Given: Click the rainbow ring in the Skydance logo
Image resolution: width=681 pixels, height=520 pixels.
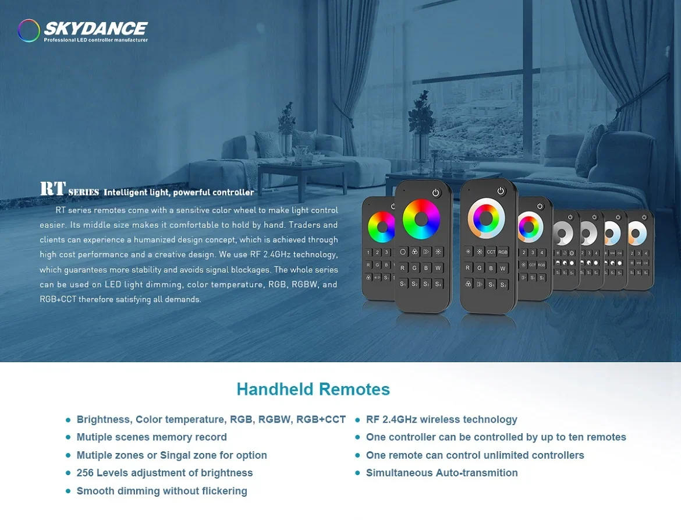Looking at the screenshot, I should [x=29, y=31].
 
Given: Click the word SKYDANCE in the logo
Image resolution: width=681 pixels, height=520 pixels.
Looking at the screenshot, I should [x=96, y=29].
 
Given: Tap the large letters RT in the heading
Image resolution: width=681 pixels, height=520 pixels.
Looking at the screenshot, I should [x=52, y=189].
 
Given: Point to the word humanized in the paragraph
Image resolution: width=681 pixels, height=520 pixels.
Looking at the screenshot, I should [x=160, y=240].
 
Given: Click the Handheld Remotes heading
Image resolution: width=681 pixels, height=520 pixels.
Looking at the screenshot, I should [x=313, y=389].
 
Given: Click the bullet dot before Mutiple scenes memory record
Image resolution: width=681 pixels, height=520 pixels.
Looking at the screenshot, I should [x=68, y=437].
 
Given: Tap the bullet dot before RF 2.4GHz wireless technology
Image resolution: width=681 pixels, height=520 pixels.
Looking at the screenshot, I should [x=357, y=420].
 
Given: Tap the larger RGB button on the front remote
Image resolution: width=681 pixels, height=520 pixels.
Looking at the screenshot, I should [x=503, y=252].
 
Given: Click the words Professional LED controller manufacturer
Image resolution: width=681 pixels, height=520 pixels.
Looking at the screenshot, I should [x=96, y=40].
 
